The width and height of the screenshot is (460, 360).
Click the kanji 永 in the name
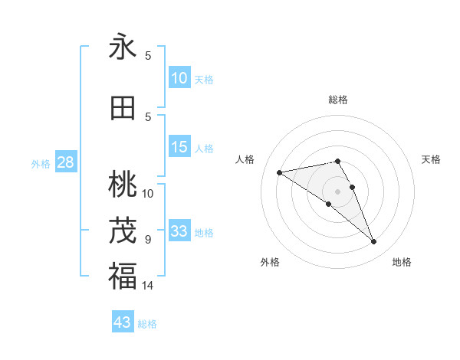click(x=123, y=47)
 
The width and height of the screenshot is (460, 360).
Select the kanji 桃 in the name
click(x=123, y=184)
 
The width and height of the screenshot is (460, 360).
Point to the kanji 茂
click(x=123, y=229)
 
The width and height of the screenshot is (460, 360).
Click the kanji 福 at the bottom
click(x=123, y=275)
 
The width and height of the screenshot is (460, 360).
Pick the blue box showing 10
click(x=179, y=78)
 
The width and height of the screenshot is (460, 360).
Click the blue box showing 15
click(x=179, y=147)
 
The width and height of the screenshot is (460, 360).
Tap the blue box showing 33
click(x=179, y=231)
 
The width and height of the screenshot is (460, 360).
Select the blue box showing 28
click(x=65, y=162)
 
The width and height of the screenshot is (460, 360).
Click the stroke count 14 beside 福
click(x=148, y=286)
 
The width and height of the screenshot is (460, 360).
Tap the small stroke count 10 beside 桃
click(x=148, y=194)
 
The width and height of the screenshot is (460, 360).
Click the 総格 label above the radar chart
click(x=338, y=100)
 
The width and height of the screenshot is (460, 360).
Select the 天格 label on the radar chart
click(x=432, y=159)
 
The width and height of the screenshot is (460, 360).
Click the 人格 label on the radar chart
click(x=245, y=159)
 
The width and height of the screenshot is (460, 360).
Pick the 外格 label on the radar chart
click(x=270, y=262)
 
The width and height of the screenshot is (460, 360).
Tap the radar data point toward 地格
click(x=374, y=242)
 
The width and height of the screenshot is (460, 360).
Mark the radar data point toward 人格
click(x=280, y=172)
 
